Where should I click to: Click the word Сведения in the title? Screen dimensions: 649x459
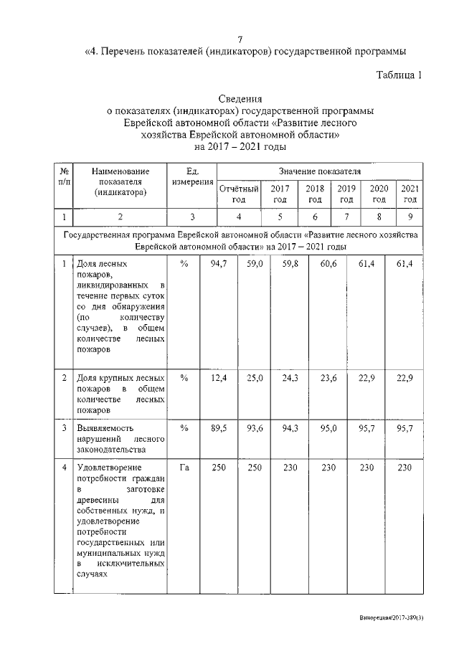pyautogui.click(x=240, y=99)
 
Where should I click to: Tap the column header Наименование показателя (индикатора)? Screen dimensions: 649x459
pyautogui.click(x=120, y=181)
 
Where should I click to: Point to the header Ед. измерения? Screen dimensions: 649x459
pyautogui.click(x=191, y=176)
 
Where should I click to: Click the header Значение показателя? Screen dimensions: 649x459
pyautogui.click(x=319, y=171)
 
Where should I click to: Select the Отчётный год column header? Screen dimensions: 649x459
pyautogui.click(x=238, y=194)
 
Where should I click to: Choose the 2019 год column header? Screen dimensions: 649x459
pyautogui.click(x=346, y=194)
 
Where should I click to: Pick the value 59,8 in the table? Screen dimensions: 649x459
pyautogui.click(x=291, y=265)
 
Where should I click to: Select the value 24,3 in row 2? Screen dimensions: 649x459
pyautogui.click(x=291, y=378)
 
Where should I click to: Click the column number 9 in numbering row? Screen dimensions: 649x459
pyautogui.click(x=410, y=217)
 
